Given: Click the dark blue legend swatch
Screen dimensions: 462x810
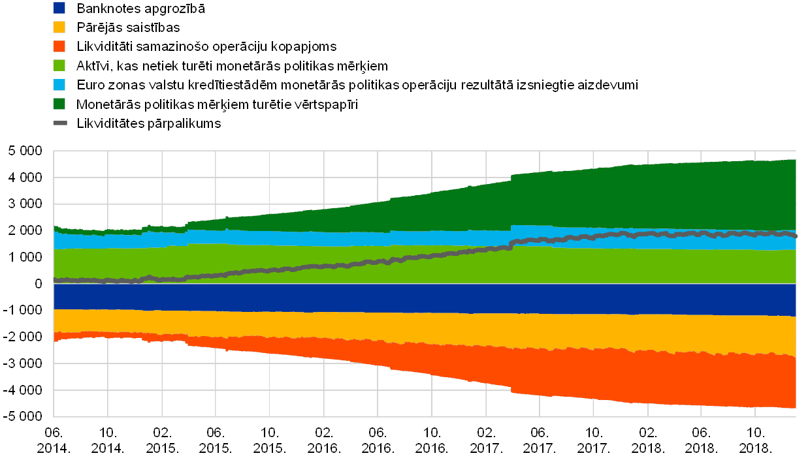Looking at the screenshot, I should (x=59, y=8).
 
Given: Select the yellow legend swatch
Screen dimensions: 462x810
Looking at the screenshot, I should (x=59, y=27).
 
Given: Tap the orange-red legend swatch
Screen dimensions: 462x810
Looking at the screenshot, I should (x=59, y=46).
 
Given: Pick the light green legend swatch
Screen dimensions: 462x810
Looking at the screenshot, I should (x=59, y=65).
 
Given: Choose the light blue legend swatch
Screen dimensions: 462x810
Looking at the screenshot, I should (x=59, y=84).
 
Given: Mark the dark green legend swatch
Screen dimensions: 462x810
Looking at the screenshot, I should (x=59, y=104).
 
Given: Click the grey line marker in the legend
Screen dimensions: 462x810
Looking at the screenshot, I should (x=59, y=123).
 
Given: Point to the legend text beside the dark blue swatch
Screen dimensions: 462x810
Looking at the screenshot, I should (x=140, y=9).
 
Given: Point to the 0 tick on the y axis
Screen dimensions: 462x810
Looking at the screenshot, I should (x=39, y=284).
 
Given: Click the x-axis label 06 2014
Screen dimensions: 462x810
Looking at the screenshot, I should (x=53, y=440).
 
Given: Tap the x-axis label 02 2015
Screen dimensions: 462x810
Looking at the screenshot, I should (x=161, y=440).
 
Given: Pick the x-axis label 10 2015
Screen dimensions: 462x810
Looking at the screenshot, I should (x=268, y=440).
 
